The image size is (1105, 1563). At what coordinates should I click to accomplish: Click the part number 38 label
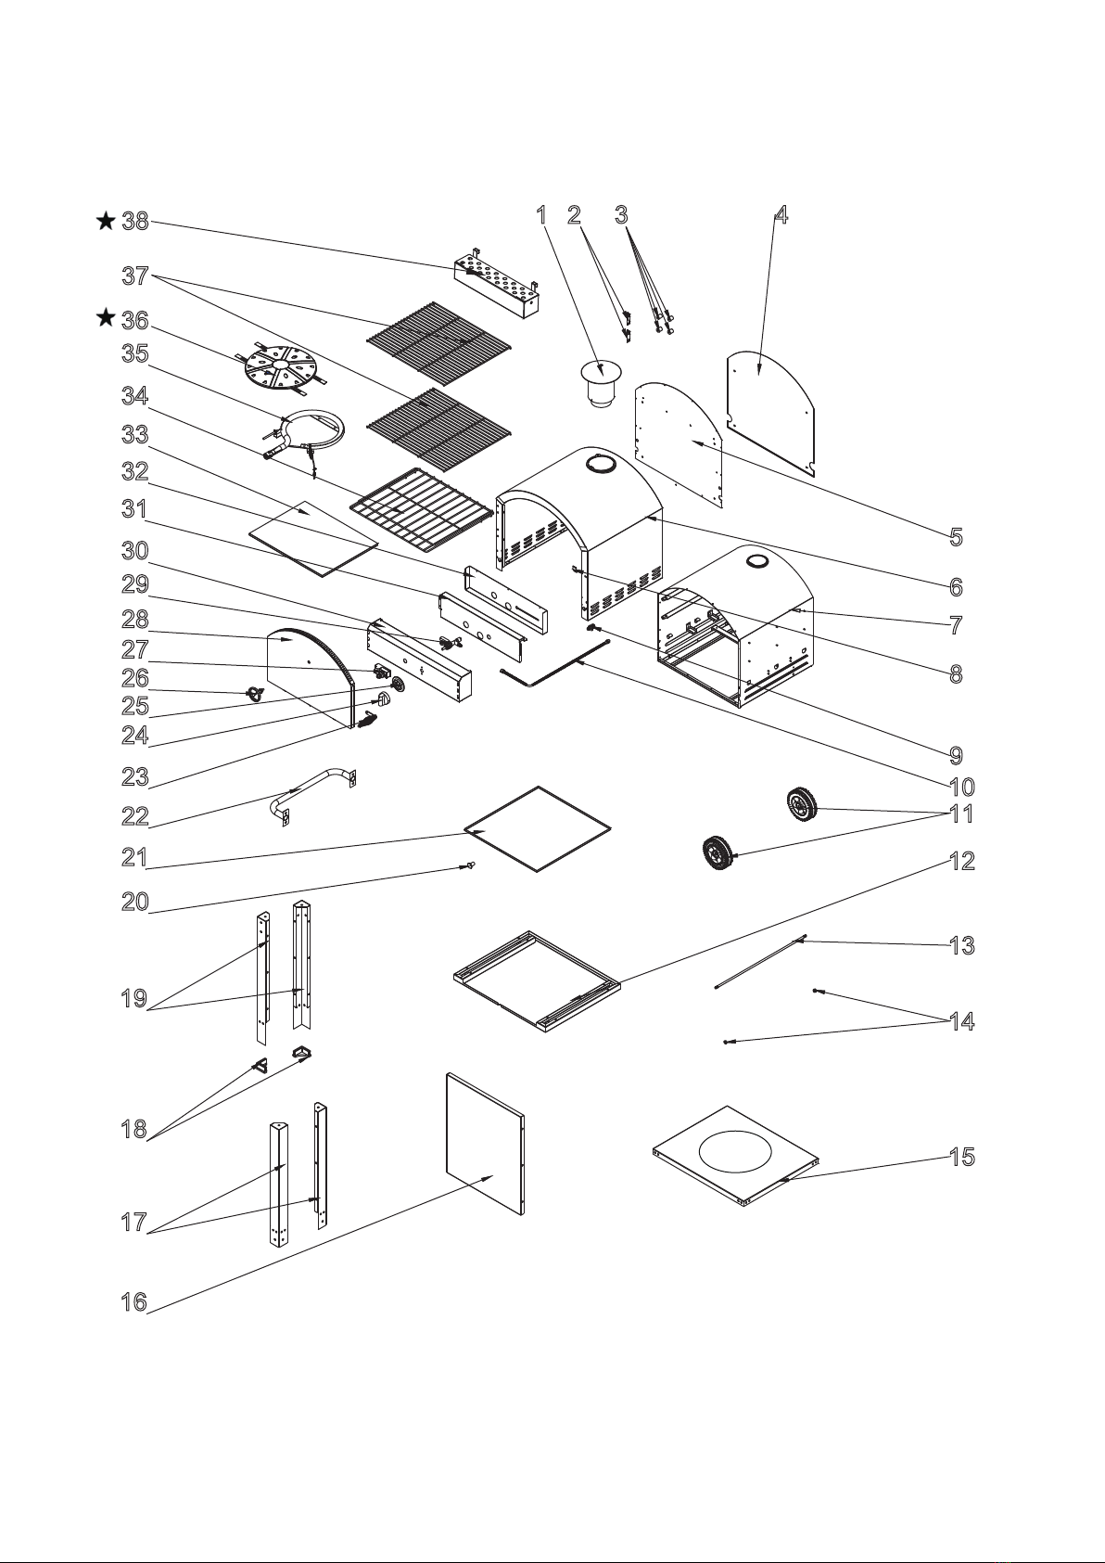pyautogui.click(x=135, y=222)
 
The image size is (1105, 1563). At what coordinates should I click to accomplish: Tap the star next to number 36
pyautogui.click(x=106, y=319)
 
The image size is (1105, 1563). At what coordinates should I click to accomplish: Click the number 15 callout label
pyautogui.click(x=962, y=1157)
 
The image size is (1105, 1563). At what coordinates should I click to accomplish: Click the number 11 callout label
pyautogui.click(x=962, y=814)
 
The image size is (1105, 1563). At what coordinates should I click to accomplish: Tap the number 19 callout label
pyautogui.click(x=134, y=999)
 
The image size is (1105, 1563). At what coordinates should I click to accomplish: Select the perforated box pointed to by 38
pyautogui.click(x=497, y=289)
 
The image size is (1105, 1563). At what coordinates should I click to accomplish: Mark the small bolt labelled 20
pyautogui.click(x=470, y=866)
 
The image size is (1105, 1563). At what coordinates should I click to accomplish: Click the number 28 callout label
pyautogui.click(x=134, y=619)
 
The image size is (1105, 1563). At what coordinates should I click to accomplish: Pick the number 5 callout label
pyautogui.click(x=956, y=537)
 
